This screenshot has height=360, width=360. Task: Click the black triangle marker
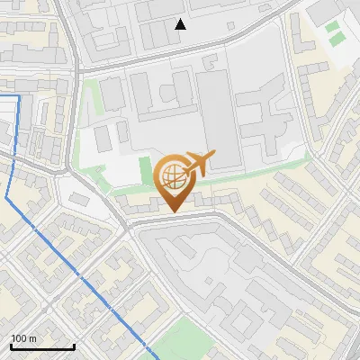click(181, 24)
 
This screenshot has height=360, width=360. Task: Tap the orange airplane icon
click(198, 164)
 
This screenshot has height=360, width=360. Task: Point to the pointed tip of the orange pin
click(172, 211)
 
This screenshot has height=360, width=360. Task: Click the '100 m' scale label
click(23, 338)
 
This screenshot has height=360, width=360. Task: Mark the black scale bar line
click(42, 346)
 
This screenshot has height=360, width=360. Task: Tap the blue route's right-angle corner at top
click(19, 94)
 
